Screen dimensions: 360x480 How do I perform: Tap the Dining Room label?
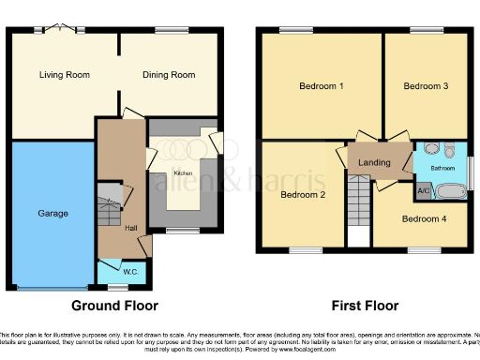click(169, 75)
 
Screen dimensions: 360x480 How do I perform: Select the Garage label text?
click(53, 214)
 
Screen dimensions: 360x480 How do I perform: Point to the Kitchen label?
click(185, 174)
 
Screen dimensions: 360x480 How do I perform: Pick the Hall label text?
click(131, 228)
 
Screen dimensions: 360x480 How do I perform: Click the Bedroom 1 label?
click(322, 86)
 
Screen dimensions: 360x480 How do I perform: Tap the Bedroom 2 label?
click(304, 195)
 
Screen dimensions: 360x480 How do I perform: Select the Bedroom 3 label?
click(426, 86)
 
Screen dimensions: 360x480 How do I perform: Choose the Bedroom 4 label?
click(425, 219)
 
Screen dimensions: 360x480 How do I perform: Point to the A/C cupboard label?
click(423, 191)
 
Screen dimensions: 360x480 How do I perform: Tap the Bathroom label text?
click(442, 169)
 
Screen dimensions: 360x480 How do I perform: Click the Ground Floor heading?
click(115, 306)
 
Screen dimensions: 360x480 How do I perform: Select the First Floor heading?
click(364, 306)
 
